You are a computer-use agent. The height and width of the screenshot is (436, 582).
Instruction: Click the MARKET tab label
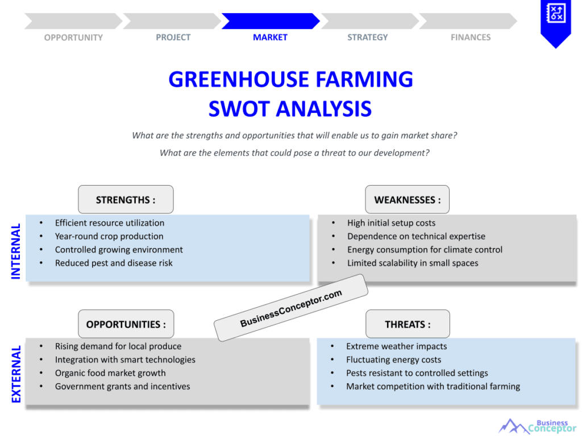[x=270, y=37]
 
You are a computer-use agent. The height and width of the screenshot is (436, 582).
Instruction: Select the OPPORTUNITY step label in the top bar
[x=73, y=37]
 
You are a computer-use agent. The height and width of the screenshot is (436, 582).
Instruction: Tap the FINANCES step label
[x=471, y=37]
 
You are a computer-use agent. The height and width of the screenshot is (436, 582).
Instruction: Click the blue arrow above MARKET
[x=270, y=21]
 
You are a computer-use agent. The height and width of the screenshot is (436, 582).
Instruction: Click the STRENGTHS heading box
[x=126, y=200]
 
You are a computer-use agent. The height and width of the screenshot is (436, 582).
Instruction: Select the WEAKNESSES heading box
[x=407, y=200]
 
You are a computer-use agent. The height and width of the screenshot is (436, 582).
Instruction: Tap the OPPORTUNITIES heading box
[x=126, y=324]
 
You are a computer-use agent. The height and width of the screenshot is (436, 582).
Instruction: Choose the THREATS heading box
[x=407, y=324]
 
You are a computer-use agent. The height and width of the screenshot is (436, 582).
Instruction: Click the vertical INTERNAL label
[x=16, y=251]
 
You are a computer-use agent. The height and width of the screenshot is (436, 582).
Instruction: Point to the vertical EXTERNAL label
[x=16, y=374]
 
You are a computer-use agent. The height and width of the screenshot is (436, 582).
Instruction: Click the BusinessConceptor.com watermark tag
[x=291, y=308]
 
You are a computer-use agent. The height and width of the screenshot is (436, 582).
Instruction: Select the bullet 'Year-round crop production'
[x=109, y=236]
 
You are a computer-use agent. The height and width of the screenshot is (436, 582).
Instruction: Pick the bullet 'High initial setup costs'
[x=391, y=223]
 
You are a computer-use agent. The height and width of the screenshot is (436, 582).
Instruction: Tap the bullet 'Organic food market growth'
[x=110, y=373]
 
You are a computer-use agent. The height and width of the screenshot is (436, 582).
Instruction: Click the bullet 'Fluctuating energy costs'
[x=393, y=359]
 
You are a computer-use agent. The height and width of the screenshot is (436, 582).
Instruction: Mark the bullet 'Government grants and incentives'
[x=122, y=387]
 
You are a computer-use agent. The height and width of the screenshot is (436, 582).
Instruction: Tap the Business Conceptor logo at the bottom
[x=537, y=426]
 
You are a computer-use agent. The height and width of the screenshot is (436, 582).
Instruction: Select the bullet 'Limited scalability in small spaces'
[x=413, y=263]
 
